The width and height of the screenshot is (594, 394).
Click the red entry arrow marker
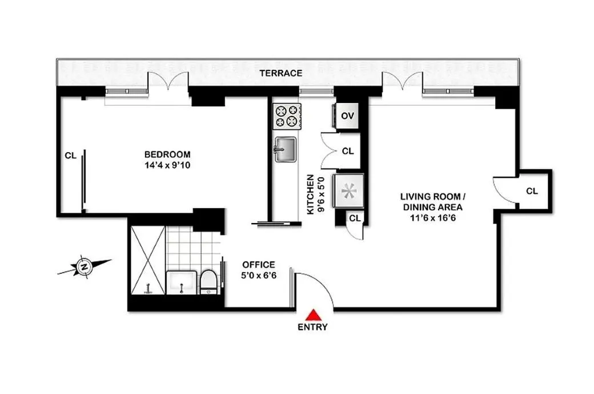pos(312,315)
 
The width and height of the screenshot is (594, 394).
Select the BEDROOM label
pos(167,154)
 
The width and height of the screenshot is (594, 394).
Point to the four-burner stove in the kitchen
pos(286,116)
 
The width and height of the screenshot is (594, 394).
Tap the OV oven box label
pos(347,116)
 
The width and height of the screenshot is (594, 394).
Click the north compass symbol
pos(84,266)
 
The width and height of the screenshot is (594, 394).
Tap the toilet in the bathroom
pos(208,282)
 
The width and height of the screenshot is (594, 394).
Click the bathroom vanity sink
pos(182,282)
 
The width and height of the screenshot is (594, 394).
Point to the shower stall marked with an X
pos(147,260)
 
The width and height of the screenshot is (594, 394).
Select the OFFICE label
pos(259,265)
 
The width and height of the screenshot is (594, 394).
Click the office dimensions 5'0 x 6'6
pos(259,275)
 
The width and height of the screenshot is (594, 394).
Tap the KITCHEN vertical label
pos(310,194)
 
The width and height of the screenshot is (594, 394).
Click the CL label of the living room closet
pos(532,191)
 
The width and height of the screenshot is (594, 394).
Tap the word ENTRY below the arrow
pos(312,328)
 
